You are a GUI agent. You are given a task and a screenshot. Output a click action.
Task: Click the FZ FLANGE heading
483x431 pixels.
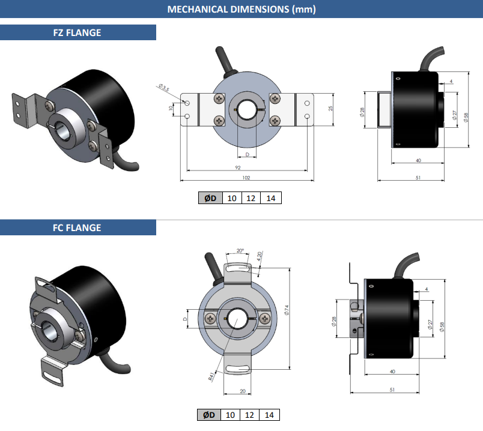pyautogui.click(x=77, y=32)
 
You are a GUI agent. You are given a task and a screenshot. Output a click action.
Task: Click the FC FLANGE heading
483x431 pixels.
pyautogui.click(x=77, y=228)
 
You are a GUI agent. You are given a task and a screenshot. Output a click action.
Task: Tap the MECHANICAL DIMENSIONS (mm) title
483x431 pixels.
pyautogui.click(x=241, y=9)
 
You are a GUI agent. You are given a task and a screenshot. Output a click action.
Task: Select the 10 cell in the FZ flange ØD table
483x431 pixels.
pyautogui.click(x=232, y=198)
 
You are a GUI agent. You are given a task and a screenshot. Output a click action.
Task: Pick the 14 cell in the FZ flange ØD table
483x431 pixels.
pyautogui.click(x=271, y=198)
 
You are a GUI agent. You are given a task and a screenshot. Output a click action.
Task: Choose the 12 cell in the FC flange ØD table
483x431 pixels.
pyautogui.click(x=249, y=415)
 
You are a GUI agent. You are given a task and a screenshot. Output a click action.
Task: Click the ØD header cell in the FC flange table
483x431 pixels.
pyautogui.click(x=209, y=415)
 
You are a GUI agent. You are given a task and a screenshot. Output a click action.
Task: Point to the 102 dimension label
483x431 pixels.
pyautogui.click(x=246, y=178)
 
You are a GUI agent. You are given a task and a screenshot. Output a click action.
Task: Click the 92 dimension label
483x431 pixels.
pyautogui.click(x=238, y=167)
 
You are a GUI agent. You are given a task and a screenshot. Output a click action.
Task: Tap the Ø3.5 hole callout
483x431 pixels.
pyautogui.click(x=164, y=88)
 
